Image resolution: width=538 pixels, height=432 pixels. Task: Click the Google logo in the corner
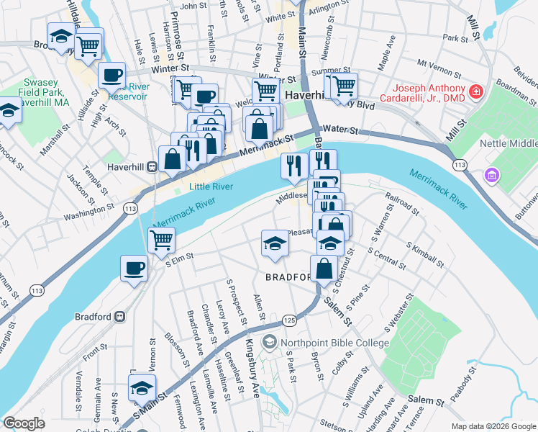[24, 423]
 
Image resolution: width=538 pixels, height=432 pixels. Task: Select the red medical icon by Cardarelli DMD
[475, 91]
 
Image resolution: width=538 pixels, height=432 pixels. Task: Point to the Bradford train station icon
[119, 316]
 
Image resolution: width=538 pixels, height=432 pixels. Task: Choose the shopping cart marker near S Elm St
[161, 240]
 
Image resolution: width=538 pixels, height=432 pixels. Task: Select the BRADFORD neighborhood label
[288, 277]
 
